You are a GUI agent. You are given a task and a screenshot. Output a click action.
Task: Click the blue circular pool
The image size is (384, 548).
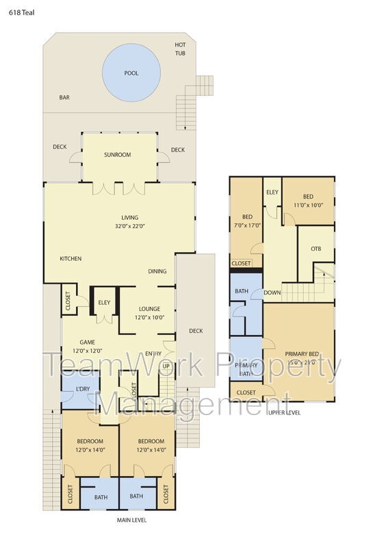coord(131,73)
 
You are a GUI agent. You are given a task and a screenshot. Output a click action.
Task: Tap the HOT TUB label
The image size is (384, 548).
coord(180,49)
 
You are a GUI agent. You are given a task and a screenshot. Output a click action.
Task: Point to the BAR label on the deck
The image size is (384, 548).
coord(64,98)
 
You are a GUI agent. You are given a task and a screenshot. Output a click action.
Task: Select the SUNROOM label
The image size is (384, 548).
coord(118,155)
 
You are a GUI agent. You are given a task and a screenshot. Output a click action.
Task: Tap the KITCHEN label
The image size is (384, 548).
coord(71,259)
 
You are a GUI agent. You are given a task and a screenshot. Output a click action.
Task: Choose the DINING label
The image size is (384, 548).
coord(157,271)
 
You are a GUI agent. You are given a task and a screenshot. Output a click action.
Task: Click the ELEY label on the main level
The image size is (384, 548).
coord(104,301)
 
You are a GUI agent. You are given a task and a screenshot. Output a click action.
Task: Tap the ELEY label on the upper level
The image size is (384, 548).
coord(272,192)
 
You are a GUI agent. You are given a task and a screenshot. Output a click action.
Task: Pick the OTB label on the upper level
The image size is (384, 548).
coord(316,249)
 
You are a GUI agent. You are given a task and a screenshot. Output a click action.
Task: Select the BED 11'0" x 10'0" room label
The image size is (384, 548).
coord(308,201)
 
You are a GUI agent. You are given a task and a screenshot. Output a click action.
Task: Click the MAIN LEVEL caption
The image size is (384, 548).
coord(131,520)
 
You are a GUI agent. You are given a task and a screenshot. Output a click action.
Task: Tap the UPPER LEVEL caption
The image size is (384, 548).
coord(284,412)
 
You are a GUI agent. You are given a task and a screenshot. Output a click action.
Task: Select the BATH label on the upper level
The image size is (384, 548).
coord(241,291)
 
